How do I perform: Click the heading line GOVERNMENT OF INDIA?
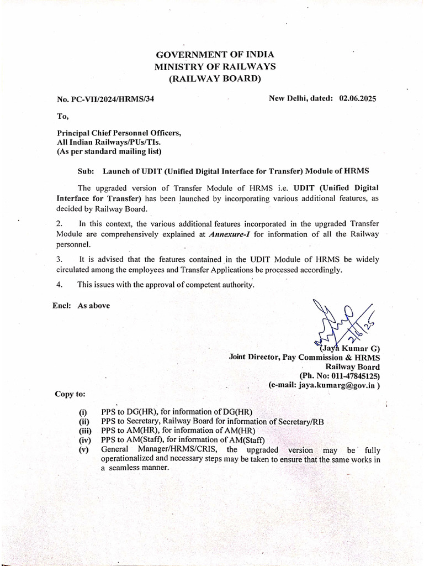pos(215,55)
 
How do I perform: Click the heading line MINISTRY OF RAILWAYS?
pos(215,67)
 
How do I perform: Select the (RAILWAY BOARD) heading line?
pos(215,79)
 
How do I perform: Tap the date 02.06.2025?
pos(358,98)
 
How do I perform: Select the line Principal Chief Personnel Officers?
pos(119,133)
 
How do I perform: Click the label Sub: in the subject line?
pos(85,171)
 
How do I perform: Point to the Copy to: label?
pos(70,394)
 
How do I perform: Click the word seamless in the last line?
pos(129,467)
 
